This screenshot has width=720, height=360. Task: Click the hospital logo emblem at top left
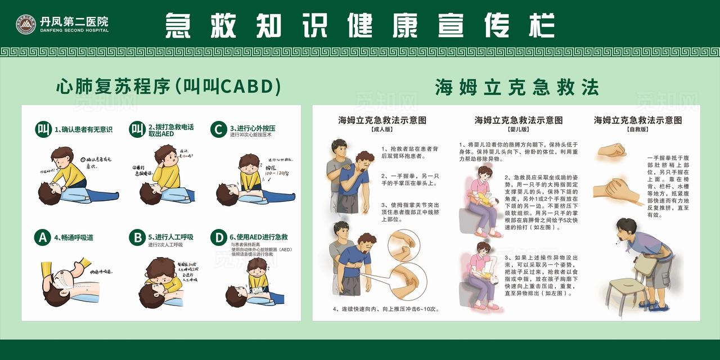26,24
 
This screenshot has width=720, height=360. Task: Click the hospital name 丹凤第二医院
74,21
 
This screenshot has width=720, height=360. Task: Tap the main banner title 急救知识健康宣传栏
360,25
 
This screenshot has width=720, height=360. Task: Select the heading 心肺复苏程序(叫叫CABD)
168,87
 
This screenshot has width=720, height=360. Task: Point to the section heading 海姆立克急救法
516,87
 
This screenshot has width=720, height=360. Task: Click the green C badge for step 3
218,129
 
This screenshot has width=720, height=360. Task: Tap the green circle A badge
42,237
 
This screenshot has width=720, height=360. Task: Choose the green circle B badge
137,237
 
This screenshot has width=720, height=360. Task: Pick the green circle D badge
218,237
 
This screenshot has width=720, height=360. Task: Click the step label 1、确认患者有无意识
83,129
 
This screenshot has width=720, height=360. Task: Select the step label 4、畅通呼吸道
74,237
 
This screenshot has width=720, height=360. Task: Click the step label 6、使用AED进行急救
259,237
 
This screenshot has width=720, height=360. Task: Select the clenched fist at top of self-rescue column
611,150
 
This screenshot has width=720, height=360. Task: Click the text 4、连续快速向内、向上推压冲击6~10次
385,309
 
